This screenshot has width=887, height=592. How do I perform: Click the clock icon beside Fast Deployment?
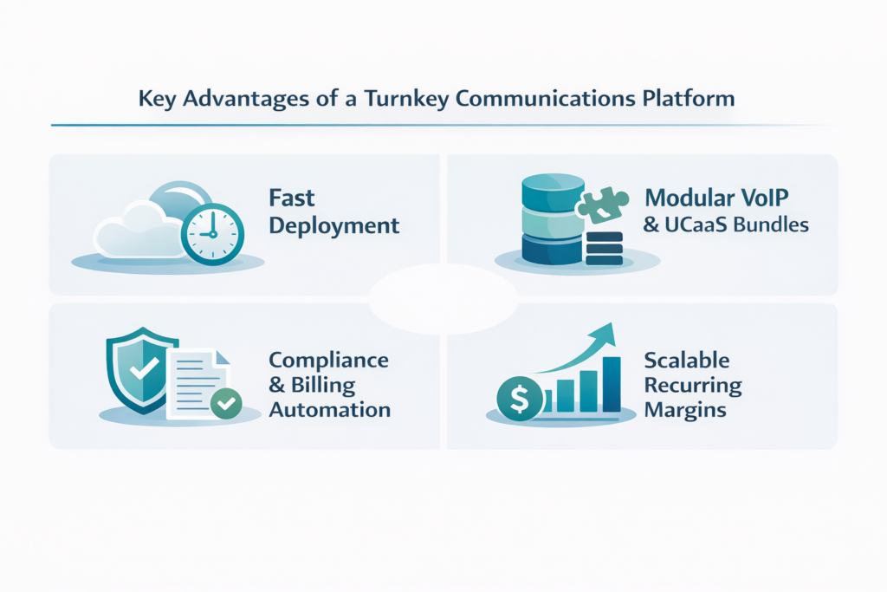tap(211, 232)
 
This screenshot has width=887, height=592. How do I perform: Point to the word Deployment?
tap(334, 226)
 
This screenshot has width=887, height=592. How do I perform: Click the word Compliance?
tap(328, 360)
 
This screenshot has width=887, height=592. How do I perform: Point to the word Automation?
tap(329, 409)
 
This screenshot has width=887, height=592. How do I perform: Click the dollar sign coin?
tap(519, 399)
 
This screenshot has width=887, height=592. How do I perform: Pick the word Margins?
tap(684, 409)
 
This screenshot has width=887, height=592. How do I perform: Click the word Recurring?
tap(692, 384)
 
